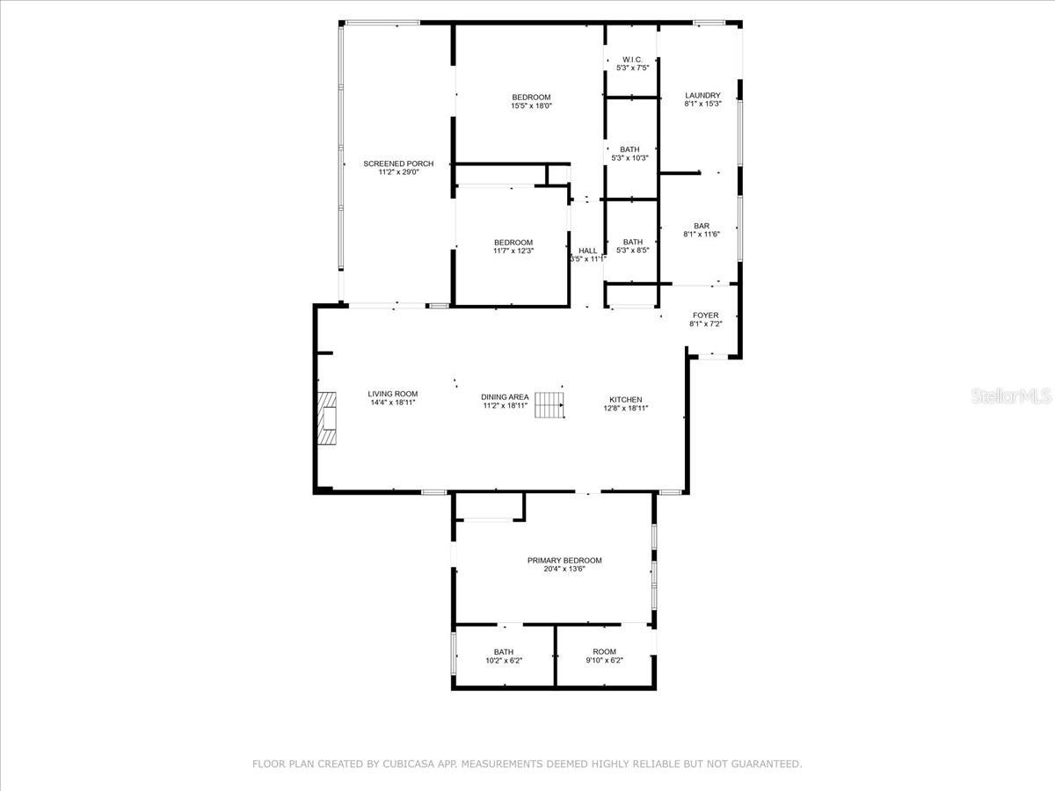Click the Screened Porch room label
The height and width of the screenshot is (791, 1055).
[x=398, y=163]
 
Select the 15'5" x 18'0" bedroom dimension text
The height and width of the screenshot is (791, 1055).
[x=531, y=106]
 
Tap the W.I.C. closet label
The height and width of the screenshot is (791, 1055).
[x=632, y=59]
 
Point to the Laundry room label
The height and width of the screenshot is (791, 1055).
[x=702, y=95]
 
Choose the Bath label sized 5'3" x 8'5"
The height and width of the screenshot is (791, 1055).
[x=632, y=242]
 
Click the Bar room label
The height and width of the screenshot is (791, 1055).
[x=702, y=226]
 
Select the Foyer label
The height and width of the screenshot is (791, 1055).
[x=705, y=316]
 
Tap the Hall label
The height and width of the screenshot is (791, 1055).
[x=587, y=250]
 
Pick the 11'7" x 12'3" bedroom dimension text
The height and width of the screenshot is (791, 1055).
[x=513, y=251]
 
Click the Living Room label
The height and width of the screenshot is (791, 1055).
[x=393, y=394]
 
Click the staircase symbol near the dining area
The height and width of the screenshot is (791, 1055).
[x=549, y=405]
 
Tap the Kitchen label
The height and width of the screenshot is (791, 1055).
[x=625, y=399]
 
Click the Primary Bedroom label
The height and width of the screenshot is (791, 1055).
[x=564, y=560]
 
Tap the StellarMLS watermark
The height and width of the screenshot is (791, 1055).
[x=1010, y=396]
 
